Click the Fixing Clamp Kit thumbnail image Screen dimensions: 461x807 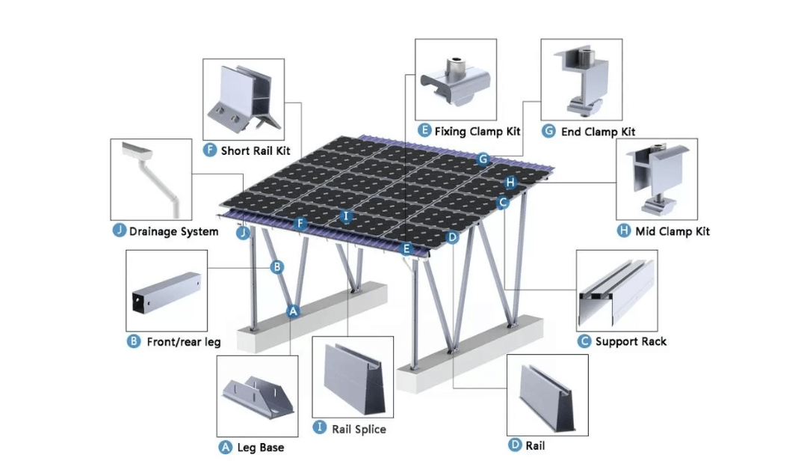tap(456, 79)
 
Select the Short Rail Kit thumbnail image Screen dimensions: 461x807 tap(244, 99)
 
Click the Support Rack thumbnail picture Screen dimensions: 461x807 tap(617, 290)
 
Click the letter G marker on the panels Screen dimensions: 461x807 tap(483, 159)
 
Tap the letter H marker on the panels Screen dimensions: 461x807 tap(510, 182)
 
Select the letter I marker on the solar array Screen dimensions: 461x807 tap(346, 216)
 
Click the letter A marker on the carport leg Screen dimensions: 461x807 tap(293, 311)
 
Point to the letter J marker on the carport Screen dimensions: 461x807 tap(243, 233)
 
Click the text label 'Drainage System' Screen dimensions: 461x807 tap(173, 231)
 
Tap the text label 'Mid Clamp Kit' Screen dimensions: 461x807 tap(672, 231)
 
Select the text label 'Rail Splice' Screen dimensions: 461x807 tap(359, 429)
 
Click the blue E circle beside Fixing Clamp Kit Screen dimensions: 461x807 tap(424, 131)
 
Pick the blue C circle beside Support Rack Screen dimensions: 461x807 tap(584, 341)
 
